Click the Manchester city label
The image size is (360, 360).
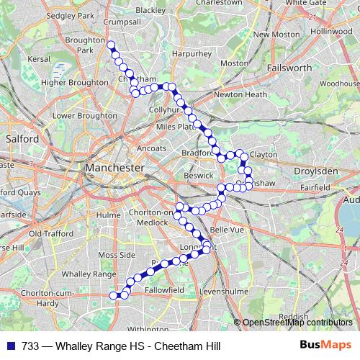pos(114,167)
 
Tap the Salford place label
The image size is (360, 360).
pos(21,138)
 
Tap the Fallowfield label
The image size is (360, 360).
pos(164,289)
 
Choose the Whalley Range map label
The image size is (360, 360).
pos(89,274)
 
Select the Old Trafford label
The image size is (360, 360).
pos(48,233)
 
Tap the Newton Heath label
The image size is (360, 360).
pos(240,94)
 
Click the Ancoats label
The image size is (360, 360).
pos(151,148)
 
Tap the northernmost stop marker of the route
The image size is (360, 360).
pos(111,45)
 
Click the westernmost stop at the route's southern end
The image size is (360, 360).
pos(113,294)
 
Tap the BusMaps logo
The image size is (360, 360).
pos(325,345)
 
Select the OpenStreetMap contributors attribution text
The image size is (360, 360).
pos(297,323)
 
